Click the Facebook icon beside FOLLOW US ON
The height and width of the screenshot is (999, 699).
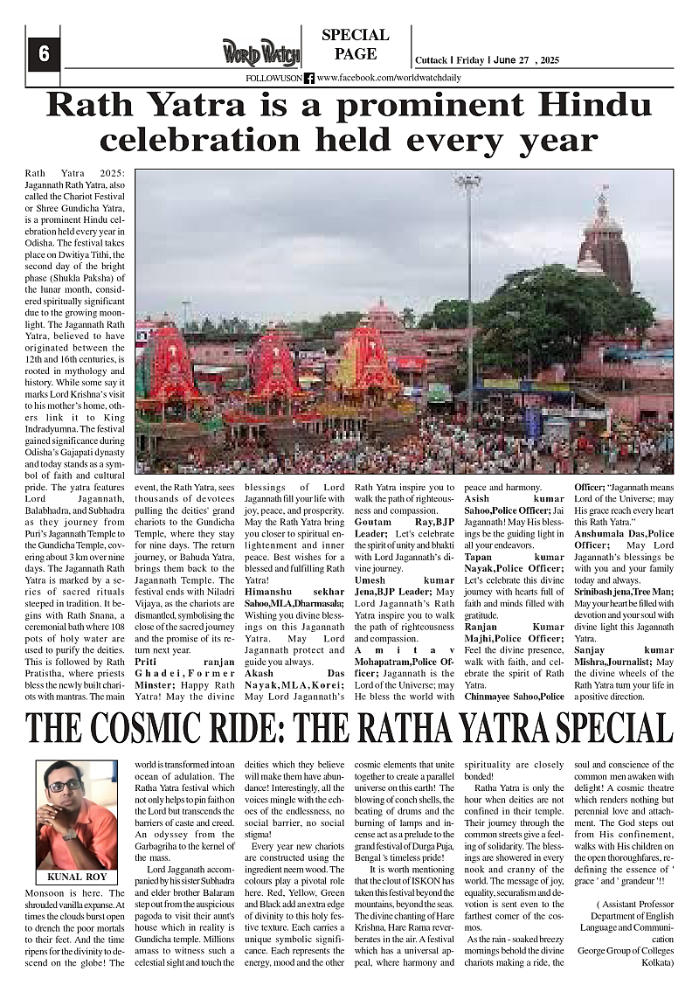[309, 78]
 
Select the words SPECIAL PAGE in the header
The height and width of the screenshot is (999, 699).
[355, 45]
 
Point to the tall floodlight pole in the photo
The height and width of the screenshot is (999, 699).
[468, 288]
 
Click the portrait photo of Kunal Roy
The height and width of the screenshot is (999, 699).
[76, 814]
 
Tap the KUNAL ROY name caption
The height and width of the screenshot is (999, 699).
[76, 877]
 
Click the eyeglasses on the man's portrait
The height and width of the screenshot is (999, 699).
[66, 787]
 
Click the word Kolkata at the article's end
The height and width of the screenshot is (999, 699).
[649, 963]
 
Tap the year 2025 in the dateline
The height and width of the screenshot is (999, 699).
[546, 60]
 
